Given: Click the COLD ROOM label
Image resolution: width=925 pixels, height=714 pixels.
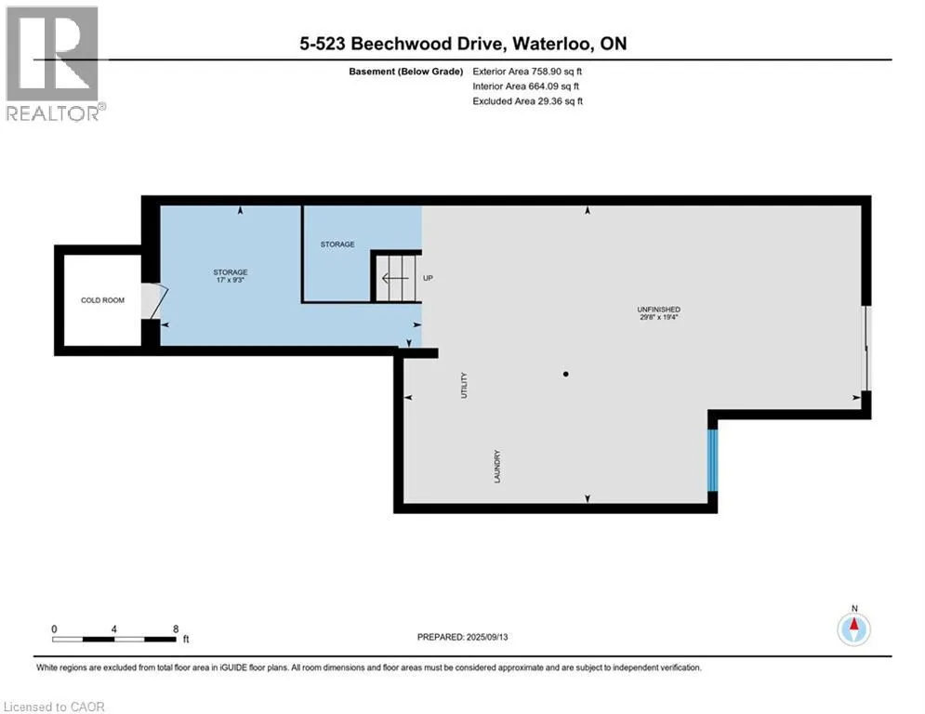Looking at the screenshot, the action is tap(102, 300).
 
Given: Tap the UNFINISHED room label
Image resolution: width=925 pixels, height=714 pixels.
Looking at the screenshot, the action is tap(658, 310).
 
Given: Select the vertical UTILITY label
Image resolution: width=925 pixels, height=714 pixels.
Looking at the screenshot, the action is tap(464, 385).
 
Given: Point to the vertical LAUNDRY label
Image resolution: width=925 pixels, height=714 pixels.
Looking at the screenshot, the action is tap(497, 467).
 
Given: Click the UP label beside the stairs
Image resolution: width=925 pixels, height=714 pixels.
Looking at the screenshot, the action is tap(429, 278).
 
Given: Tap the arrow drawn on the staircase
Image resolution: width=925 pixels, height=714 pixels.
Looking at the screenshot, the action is tap(395, 278).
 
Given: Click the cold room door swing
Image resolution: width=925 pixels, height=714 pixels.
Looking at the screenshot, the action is tap(155, 301).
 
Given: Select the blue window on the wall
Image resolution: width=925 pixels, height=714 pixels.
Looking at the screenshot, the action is tap(713, 460).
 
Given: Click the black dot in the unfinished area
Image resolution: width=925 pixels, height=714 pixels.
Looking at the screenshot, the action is tap(566, 374).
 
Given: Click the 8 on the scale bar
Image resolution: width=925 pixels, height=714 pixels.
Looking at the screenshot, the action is tap(176, 629).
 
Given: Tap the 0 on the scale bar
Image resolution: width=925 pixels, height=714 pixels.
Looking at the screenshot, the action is tap(54, 629).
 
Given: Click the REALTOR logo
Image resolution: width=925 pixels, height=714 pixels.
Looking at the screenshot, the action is tap(55, 64).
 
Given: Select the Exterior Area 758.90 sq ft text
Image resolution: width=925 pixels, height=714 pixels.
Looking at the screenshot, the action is tap(527, 72).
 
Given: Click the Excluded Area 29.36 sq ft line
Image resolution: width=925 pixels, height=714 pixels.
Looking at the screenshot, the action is tap(528, 101).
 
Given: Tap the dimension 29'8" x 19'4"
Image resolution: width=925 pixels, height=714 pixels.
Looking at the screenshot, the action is tap(659, 317).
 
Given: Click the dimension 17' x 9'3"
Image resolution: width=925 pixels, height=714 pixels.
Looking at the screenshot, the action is tap(230, 280).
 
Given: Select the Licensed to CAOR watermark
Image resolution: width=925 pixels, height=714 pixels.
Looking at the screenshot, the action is tap(54, 707).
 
